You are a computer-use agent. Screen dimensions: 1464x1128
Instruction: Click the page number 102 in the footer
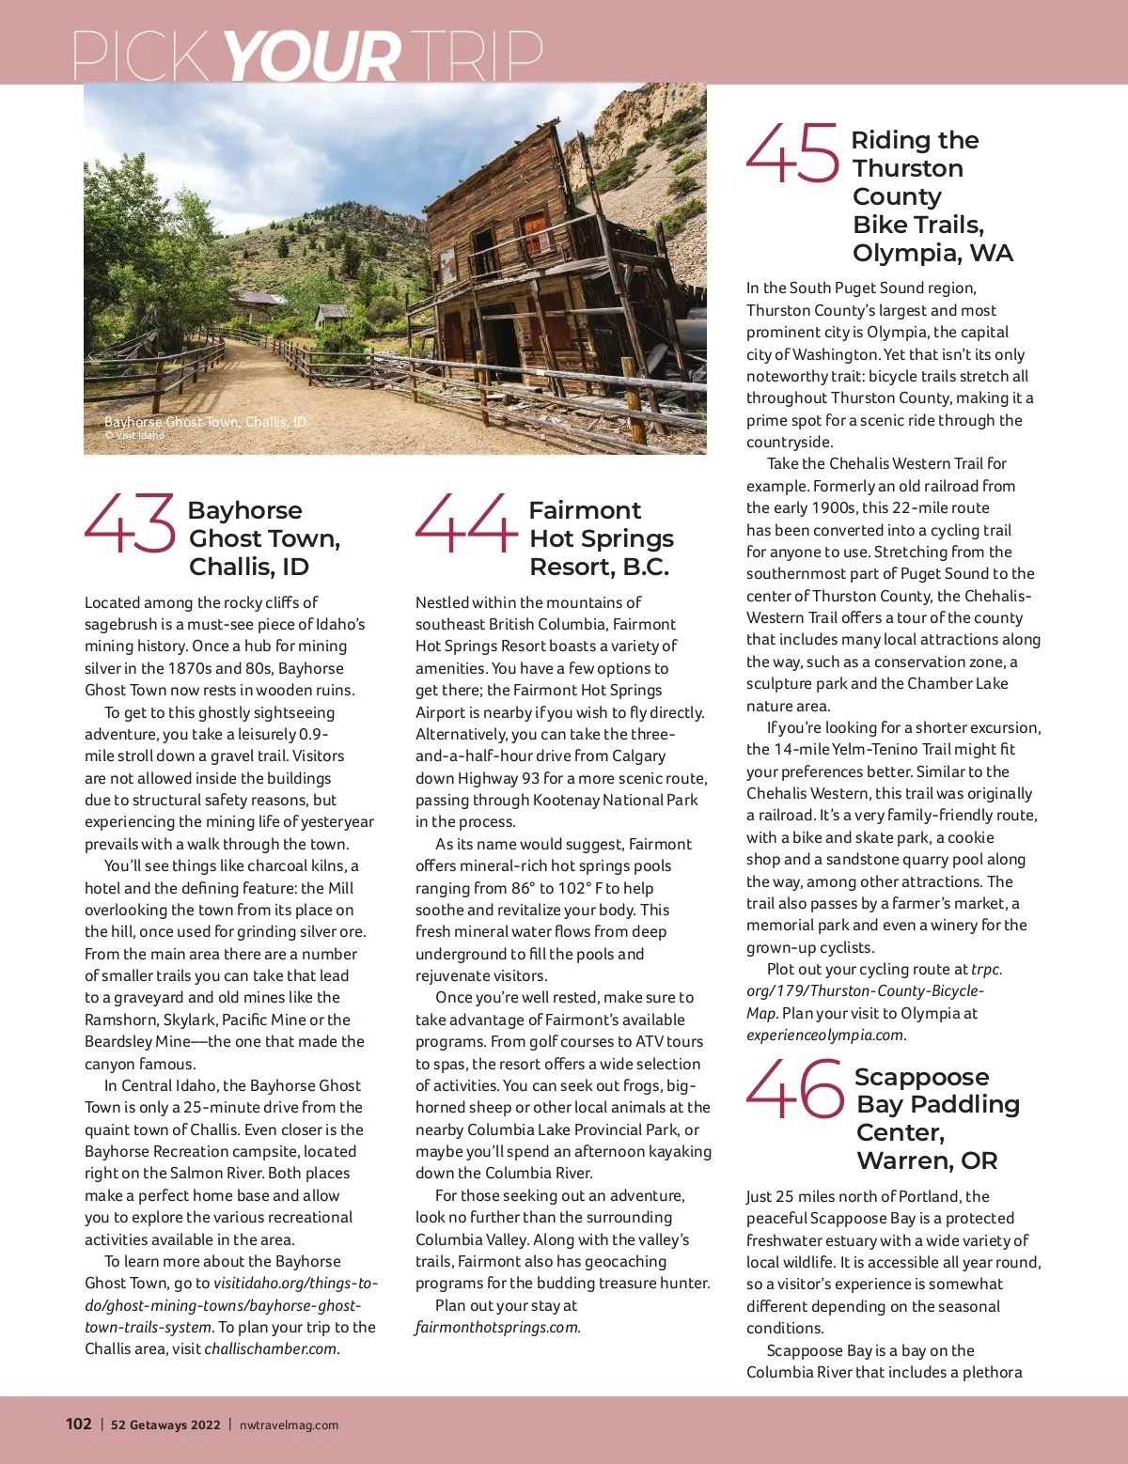[x=78, y=1424]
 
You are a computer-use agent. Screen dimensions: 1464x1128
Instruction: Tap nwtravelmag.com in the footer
[x=289, y=1425]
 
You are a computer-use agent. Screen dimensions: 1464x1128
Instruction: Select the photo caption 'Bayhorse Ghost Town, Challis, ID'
[x=205, y=422]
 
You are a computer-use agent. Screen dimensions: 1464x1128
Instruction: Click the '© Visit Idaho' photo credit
[x=134, y=435]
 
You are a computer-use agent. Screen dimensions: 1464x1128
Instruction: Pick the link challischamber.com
[x=271, y=1348]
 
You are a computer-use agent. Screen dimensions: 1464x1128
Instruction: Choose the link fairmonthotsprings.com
[x=497, y=1327]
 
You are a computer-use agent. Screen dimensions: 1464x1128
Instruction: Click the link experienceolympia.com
[x=825, y=1035]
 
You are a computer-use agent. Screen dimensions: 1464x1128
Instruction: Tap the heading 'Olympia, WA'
[x=932, y=253]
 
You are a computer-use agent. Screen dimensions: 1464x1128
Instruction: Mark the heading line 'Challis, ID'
[x=249, y=567]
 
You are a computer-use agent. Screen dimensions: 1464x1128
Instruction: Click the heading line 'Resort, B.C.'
[x=599, y=567]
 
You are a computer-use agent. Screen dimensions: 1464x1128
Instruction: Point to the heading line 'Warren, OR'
[x=927, y=1160]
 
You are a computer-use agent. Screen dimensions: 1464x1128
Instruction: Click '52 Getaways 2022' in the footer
[x=165, y=1425]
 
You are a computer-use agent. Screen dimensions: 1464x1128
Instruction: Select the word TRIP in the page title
[x=476, y=56]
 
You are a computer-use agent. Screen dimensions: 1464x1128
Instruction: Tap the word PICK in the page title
[x=141, y=56]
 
